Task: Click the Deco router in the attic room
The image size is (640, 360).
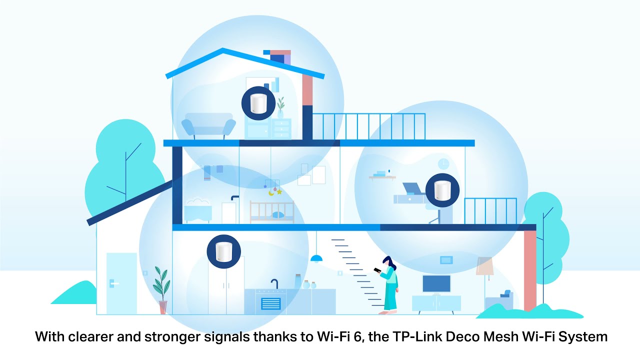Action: coord(258,103)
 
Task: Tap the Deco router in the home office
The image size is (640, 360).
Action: coord(442,190)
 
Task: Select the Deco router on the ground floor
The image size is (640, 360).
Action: coord(223,251)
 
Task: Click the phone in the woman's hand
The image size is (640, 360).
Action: coord(377,270)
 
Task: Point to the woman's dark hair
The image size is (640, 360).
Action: coord(389,263)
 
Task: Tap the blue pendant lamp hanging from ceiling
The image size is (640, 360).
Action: coord(316,258)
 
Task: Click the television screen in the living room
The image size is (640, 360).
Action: coord(436,283)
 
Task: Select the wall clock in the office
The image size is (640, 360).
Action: coord(443,164)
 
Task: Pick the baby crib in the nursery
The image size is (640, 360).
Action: coord(272,211)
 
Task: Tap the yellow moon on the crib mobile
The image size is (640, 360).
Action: coord(271,193)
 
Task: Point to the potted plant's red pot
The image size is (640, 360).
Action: coord(163,307)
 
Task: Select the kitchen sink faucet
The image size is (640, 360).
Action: coord(274,284)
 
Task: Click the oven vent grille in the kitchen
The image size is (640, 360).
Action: coord(271,303)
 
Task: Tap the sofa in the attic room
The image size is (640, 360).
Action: coord(208,125)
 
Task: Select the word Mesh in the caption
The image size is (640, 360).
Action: coord(501,336)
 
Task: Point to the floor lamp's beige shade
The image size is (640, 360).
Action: coord(484,266)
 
